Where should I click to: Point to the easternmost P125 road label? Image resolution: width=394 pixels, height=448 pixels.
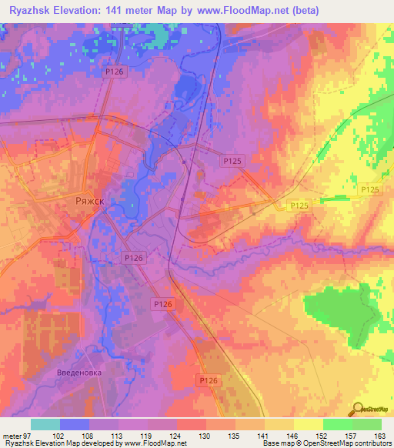370,189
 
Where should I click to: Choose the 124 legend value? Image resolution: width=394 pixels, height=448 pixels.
177,436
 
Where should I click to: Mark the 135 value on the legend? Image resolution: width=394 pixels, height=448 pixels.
235,436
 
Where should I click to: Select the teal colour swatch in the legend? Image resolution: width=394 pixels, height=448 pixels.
45,424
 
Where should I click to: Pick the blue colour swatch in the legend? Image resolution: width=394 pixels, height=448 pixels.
75,424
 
